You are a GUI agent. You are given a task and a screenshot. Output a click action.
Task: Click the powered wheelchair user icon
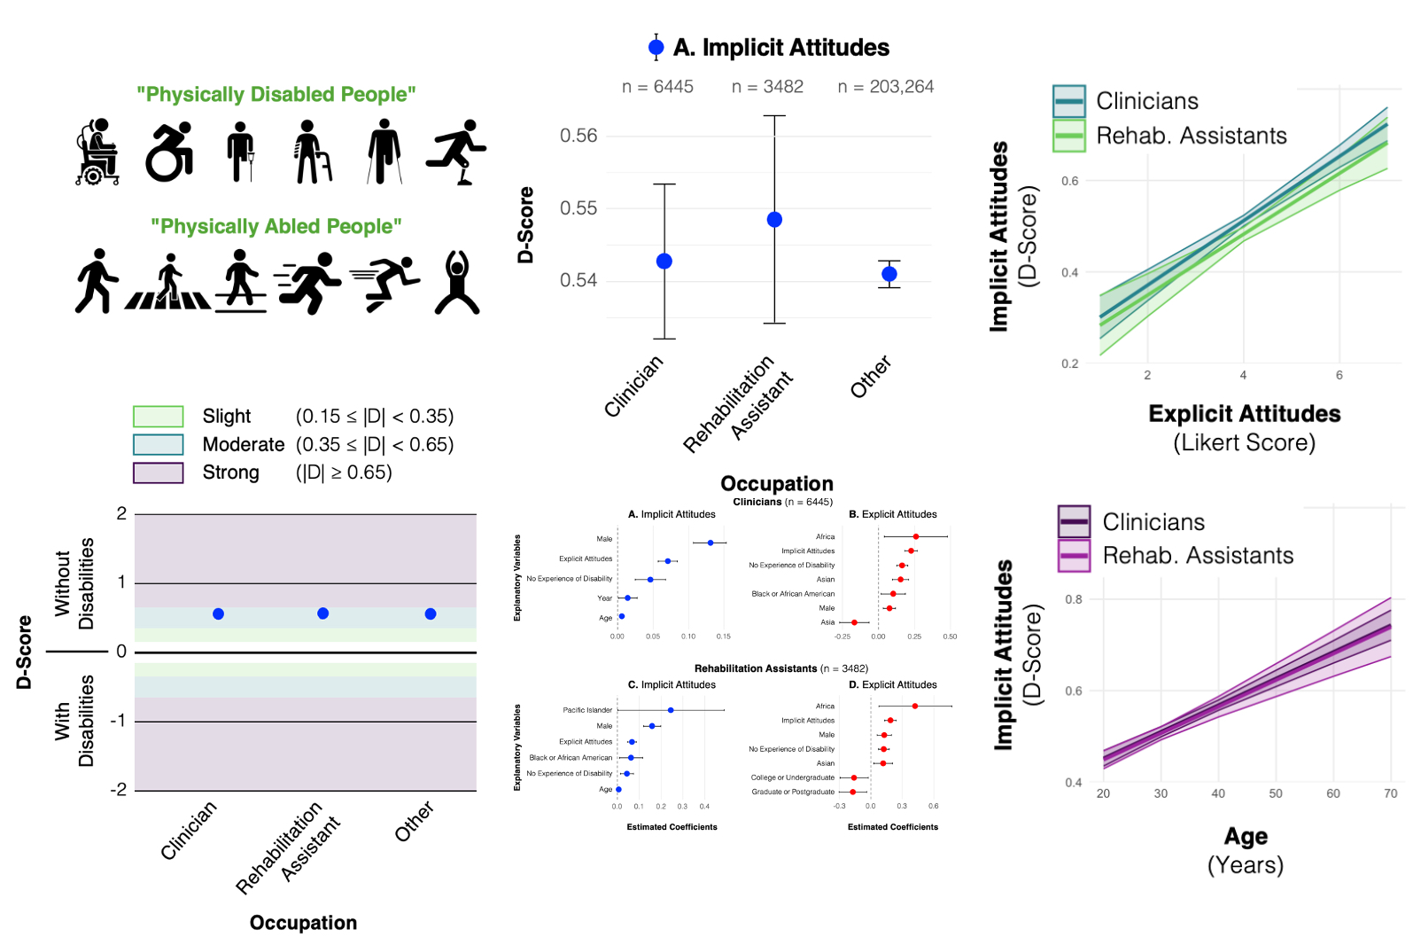coord(97,152)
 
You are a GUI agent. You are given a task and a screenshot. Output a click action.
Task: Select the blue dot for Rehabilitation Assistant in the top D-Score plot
coord(774,219)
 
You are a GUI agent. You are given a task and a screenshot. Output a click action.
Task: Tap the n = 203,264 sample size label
coord(885,87)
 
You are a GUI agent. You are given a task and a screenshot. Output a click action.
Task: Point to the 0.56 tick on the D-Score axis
coord(578,136)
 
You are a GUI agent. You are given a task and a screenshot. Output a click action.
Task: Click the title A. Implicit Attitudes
coord(780,48)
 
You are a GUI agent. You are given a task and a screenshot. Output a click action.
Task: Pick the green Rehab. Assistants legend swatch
coord(1068,136)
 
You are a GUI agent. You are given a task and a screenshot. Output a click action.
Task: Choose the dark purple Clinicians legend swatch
coord(1074,521)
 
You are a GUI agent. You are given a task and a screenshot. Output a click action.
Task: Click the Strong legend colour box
coord(158,472)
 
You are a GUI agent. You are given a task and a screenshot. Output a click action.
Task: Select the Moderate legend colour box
coord(158,444)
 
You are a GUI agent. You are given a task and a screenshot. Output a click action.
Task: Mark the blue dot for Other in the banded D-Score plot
coord(430,613)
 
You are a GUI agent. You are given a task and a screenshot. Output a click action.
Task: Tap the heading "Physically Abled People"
coord(276,227)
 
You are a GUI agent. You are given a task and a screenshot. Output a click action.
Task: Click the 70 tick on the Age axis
coord(1390,793)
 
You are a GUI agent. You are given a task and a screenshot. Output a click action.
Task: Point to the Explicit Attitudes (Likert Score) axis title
coord(1244,427)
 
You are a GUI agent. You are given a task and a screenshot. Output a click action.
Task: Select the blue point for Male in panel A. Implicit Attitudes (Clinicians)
coord(710,543)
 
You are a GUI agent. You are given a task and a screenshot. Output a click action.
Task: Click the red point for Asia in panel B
coord(854,622)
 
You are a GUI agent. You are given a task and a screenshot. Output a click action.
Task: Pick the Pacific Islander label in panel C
coord(587,710)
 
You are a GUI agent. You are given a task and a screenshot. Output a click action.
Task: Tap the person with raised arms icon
coord(457,282)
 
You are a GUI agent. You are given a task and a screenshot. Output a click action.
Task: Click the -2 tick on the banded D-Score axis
coord(119,789)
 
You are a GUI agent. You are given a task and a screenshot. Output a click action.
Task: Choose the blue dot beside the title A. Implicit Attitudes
coord(656,48)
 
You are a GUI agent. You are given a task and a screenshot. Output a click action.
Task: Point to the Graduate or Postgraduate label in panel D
coord(793,792)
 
